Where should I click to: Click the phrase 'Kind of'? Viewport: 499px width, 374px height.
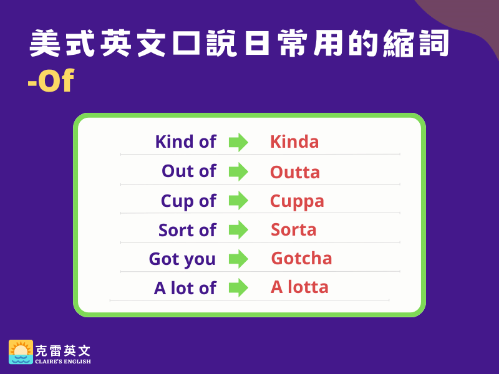185,141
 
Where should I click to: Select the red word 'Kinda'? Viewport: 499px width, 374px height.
294,141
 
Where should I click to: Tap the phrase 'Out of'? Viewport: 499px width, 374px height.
189,171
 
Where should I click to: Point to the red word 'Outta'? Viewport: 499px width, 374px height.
295,172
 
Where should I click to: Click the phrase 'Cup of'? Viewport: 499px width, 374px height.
189,201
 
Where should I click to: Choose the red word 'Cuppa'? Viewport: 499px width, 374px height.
297,201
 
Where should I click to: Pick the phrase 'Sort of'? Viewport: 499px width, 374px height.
188,230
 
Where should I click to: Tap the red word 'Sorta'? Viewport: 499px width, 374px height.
293,229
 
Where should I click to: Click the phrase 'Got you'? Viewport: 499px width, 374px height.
182,259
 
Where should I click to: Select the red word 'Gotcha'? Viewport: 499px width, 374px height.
301,258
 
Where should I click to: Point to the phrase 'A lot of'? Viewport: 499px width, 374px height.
185,288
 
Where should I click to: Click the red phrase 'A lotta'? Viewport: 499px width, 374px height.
299,287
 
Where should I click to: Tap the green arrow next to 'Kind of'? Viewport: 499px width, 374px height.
238,142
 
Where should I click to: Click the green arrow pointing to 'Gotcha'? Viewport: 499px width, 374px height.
238,259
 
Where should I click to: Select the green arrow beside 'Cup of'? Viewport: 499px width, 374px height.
238,201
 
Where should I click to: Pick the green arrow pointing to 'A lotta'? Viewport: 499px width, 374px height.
238,287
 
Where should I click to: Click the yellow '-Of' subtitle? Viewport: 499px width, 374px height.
51,80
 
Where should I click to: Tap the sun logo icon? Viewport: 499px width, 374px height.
21,352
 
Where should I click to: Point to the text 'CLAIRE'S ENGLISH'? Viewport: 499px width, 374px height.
63,362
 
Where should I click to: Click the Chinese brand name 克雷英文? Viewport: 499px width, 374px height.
63,351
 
